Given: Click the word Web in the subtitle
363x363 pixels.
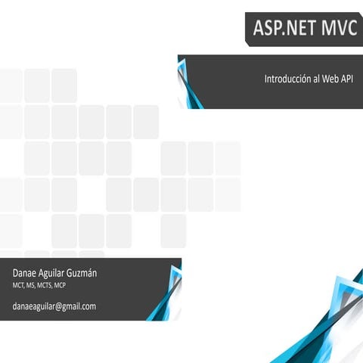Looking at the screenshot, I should point(332,79).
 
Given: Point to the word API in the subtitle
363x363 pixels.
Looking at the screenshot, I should point(349,79).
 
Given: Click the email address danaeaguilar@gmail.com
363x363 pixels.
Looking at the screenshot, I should point(54,306).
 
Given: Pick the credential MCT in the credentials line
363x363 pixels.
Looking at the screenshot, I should point(19,286).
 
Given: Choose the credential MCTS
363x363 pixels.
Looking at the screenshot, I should point(49,286).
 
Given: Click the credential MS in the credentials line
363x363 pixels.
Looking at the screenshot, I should point(33,286).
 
